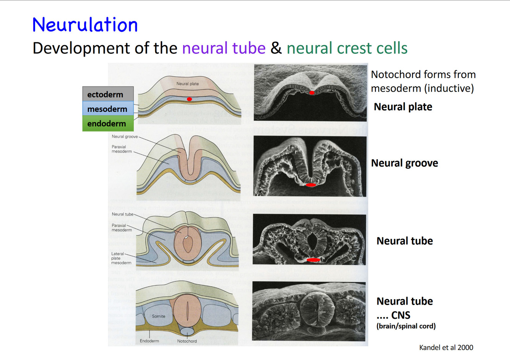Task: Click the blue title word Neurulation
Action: [x=85, y=25]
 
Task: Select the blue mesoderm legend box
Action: [x=108, y=109]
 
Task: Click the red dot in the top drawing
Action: [x=189, y=99]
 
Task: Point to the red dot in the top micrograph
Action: [x=312, y=93]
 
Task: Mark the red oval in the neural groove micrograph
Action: [x=311, y=185]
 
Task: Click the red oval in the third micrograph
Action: [x=313, y=260]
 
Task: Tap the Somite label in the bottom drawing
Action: [x=159, y=316]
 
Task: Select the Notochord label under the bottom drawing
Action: [x=187, y=341]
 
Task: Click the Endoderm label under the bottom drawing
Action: [x=149, y=341]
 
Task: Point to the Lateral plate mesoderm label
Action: [x=121, y=258]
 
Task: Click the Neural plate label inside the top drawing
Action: [x=188, y=84]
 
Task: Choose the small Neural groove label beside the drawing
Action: [x=125, y=136]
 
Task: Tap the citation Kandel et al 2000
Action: [x=446, y=347]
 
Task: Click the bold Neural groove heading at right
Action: [x=404, y=163]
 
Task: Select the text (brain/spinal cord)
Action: [x=406, y=326]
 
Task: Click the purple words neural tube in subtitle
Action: [x=224, y=48]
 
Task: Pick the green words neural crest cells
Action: [x=347, y=48]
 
